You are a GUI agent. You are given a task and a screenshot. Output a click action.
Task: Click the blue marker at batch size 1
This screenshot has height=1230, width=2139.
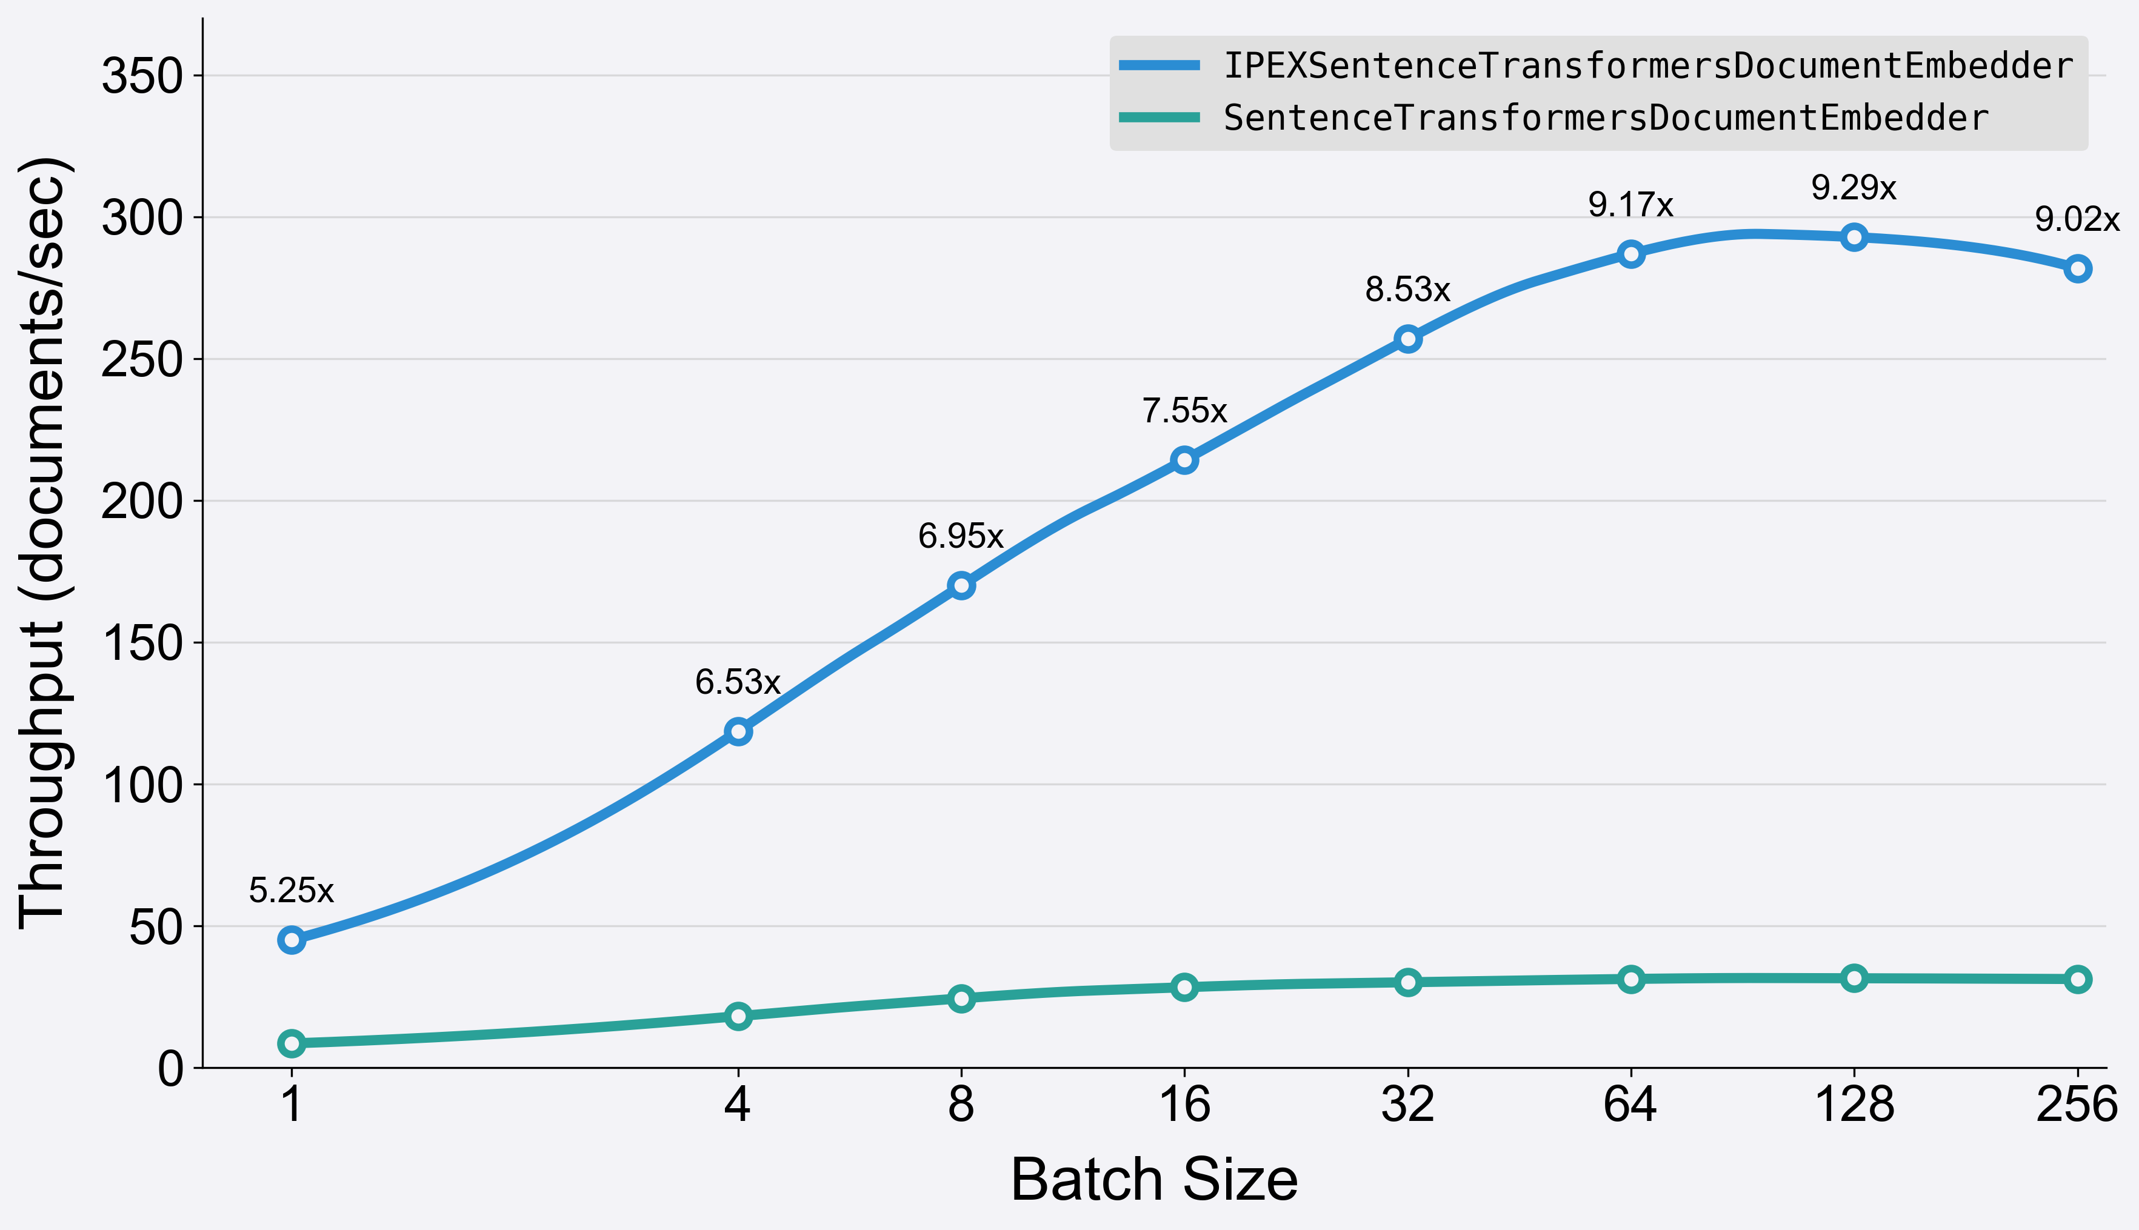coord(292,939)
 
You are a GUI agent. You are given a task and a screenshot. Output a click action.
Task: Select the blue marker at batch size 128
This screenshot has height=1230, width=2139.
coord(1854,238)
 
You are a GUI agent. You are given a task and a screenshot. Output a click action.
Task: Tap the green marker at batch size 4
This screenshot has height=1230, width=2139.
coord(738,1016)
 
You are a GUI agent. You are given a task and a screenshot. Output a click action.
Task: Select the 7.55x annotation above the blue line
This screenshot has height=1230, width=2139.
coord(1184,411)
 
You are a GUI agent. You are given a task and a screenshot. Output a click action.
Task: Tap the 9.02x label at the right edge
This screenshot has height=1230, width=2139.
coord(2077,219)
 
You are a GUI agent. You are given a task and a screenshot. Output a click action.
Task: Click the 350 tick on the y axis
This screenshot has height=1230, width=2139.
coord(142,76)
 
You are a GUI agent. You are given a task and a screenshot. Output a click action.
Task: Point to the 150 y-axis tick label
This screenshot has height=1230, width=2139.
coord(142,643)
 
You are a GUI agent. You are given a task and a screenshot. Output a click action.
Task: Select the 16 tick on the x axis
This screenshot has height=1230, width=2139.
coord(1184,1104)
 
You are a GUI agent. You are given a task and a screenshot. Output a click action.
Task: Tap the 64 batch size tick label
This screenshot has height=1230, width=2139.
coord(1630,1104)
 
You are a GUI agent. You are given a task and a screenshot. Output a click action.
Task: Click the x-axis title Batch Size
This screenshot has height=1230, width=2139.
coord(1154,1179)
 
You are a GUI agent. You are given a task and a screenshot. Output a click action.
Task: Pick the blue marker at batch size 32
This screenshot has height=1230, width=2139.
coord(1407,339)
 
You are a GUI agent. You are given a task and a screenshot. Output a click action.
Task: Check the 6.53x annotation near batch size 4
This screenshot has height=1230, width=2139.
coord(738,682)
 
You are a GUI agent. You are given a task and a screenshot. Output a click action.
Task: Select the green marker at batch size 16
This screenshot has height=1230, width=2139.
coord(1184,986)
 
